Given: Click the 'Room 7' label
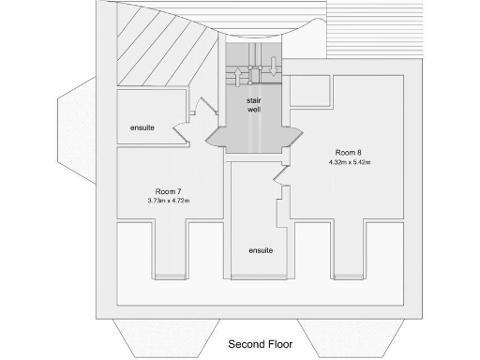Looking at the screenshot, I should [168, 191].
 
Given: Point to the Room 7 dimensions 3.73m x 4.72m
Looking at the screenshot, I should [169, 201].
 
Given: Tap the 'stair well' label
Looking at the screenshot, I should [253, 104].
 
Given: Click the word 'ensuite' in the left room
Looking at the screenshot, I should [142, 127].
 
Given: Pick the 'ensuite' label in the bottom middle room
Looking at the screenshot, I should [261, 250].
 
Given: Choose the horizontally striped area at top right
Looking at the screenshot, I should [375, 33].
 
